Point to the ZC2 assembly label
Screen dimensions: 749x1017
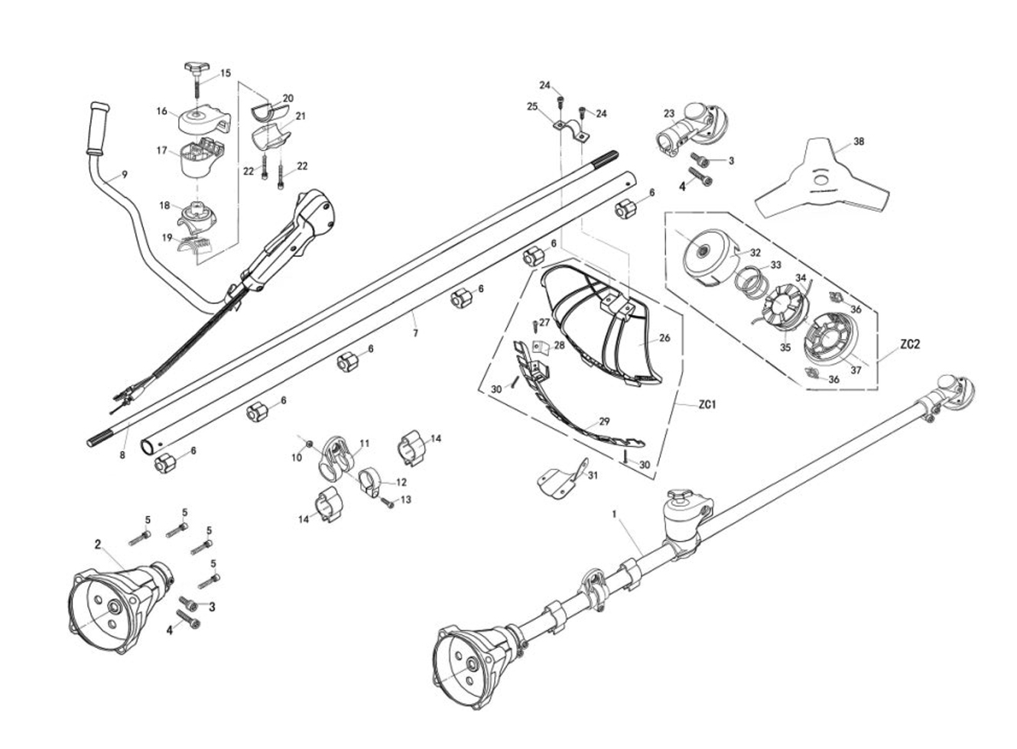909,345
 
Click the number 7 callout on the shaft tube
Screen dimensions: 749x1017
415,335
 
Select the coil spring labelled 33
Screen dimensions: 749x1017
750,280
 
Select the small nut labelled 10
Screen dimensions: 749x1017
309,444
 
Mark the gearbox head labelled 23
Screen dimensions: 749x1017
688,130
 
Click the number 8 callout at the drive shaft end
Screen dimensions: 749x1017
123,455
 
